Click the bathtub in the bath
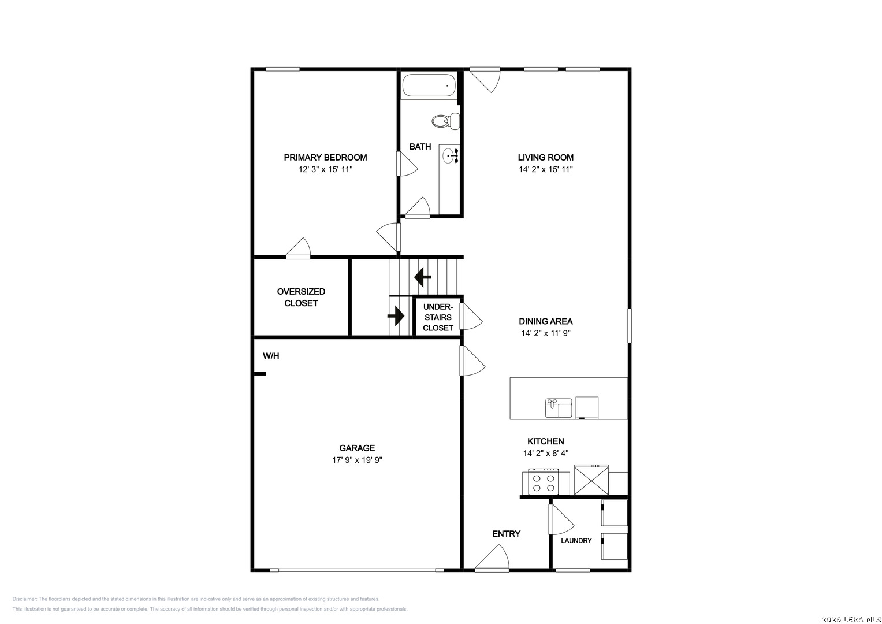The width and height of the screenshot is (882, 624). tap(429, 85)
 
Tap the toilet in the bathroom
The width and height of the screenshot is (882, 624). tap(446, 121)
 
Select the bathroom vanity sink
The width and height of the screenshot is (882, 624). tap(451, 155)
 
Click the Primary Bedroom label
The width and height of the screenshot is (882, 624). tap(325, 158)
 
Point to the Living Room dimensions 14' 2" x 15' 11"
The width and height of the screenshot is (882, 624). tap(545, 169)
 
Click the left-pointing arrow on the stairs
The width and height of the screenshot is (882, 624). tap(422, 277)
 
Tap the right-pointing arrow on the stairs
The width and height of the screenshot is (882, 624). tap(396, 316)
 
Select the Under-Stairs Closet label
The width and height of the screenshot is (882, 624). tap(438, 317)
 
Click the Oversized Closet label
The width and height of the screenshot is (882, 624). tap(301, 298)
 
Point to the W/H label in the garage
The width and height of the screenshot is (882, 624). tap(271, 356)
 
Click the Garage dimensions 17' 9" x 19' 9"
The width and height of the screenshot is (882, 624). tap(357, 460)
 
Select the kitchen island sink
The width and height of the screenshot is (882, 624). tap(559, 408)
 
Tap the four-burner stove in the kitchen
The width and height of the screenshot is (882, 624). tap(544, 481)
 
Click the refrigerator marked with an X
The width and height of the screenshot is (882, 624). tap(591, 480)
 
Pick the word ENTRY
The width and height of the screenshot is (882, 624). tap(507, 534)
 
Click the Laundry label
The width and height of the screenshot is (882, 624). tap(576, 541)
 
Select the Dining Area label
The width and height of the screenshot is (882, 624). tap(545, 321)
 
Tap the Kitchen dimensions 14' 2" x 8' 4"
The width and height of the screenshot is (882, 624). tap(545, 453)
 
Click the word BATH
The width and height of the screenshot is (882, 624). tap(420, 147)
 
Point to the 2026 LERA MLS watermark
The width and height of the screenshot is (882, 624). tap(850, 619)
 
